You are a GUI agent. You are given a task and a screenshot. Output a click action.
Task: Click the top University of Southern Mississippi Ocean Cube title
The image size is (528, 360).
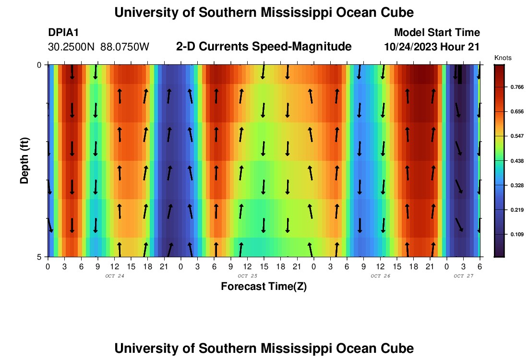coord(264,12)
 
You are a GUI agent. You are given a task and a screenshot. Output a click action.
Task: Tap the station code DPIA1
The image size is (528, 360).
coord(63,33)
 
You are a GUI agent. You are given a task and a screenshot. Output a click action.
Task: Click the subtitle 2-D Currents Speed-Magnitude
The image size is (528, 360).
coord(264,47)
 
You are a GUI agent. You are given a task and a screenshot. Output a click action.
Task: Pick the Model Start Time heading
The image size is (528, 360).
coord(437,33)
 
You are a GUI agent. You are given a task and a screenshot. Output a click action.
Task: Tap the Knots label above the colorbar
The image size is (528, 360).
coord(503,58)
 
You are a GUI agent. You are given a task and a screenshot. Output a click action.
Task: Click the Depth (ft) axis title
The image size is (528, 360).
coord(25,160)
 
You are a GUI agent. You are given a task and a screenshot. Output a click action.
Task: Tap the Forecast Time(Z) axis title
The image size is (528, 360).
coord(264,287)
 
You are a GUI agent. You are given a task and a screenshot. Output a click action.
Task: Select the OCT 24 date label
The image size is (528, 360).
coord(114,276)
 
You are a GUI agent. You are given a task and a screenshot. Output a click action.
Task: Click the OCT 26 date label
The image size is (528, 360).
coord(381,276)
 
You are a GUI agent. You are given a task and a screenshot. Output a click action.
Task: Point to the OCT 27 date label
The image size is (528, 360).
coord(464,276)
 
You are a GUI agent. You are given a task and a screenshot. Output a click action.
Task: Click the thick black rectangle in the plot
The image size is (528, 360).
coord(460,74)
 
